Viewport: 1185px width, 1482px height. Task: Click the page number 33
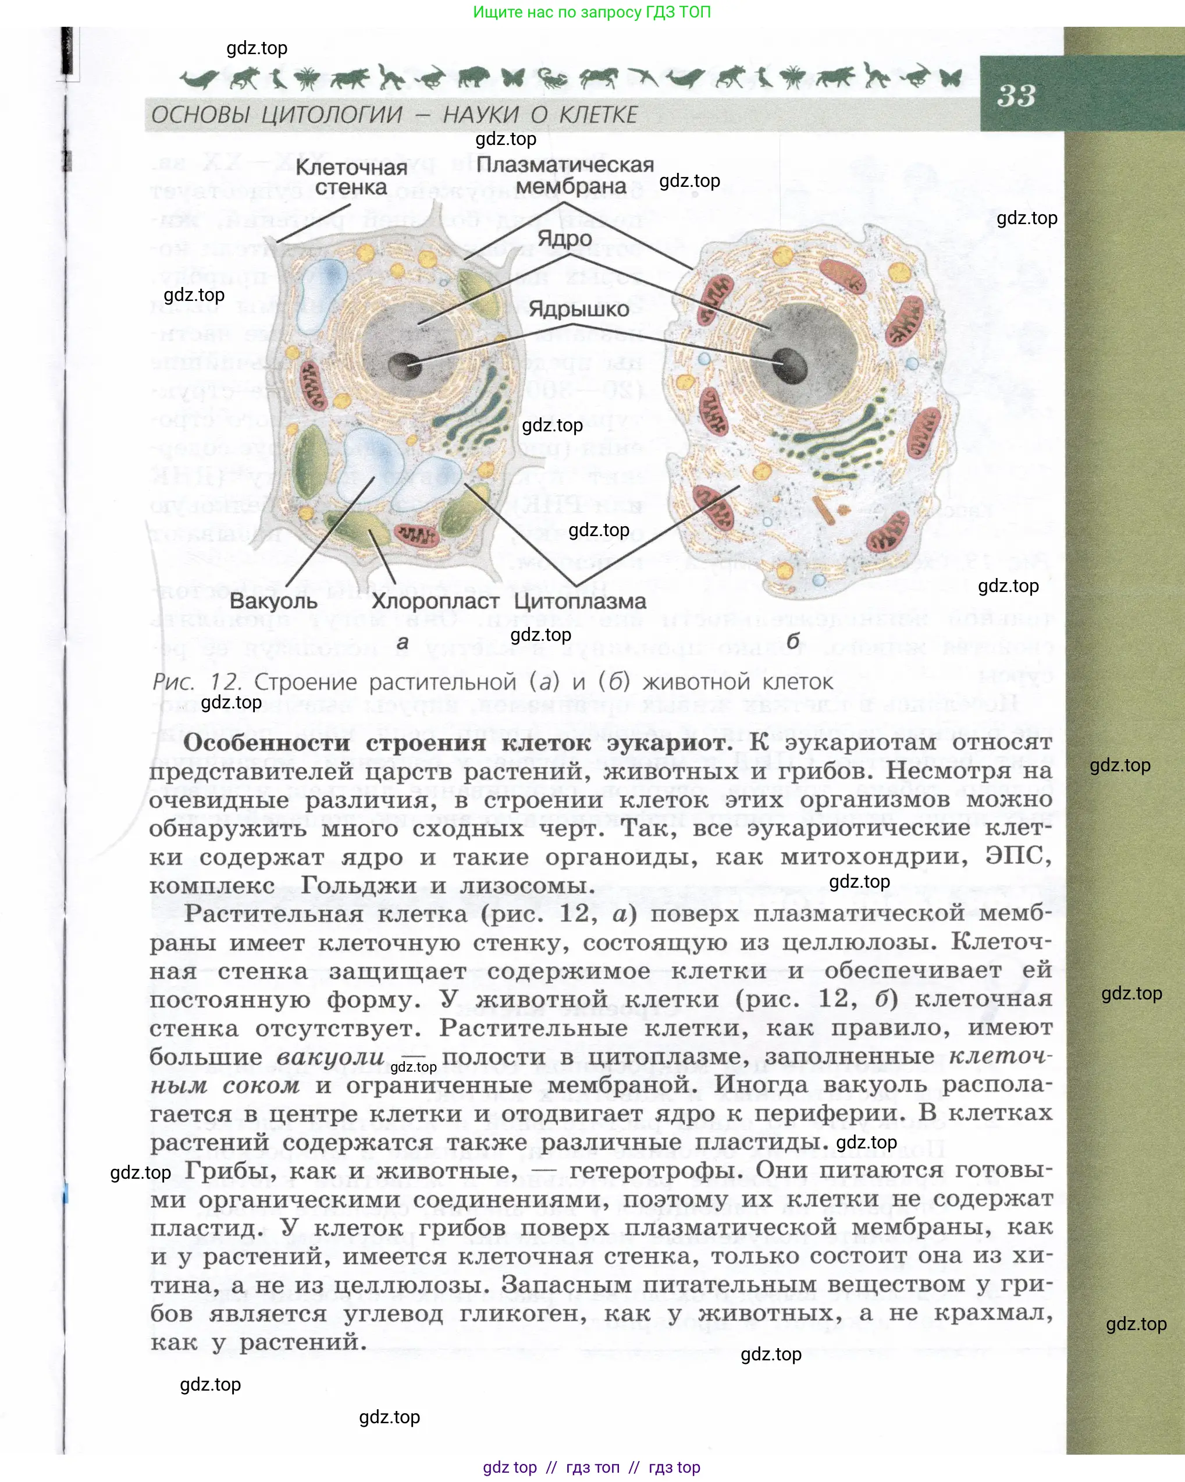point(1016,95)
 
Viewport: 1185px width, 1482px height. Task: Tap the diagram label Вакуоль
point(273,601)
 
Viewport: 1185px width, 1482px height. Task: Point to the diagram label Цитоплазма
point(580,601)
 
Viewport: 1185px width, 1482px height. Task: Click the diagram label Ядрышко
point(578,309)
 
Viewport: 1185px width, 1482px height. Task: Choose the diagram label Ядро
point(565,239)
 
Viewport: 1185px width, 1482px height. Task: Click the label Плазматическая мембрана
point(565,175)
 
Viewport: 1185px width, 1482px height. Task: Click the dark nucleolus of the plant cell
point(405,365)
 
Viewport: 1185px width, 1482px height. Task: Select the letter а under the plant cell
point(403,643)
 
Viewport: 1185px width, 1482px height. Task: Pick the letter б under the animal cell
point(793,641)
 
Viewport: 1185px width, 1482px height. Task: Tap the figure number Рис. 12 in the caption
point(197,682)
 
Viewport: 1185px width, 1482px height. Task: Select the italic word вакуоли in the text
point(330,1056)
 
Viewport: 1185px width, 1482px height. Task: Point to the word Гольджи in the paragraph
point(358,885)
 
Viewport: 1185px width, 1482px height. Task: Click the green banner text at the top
point(592,12)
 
